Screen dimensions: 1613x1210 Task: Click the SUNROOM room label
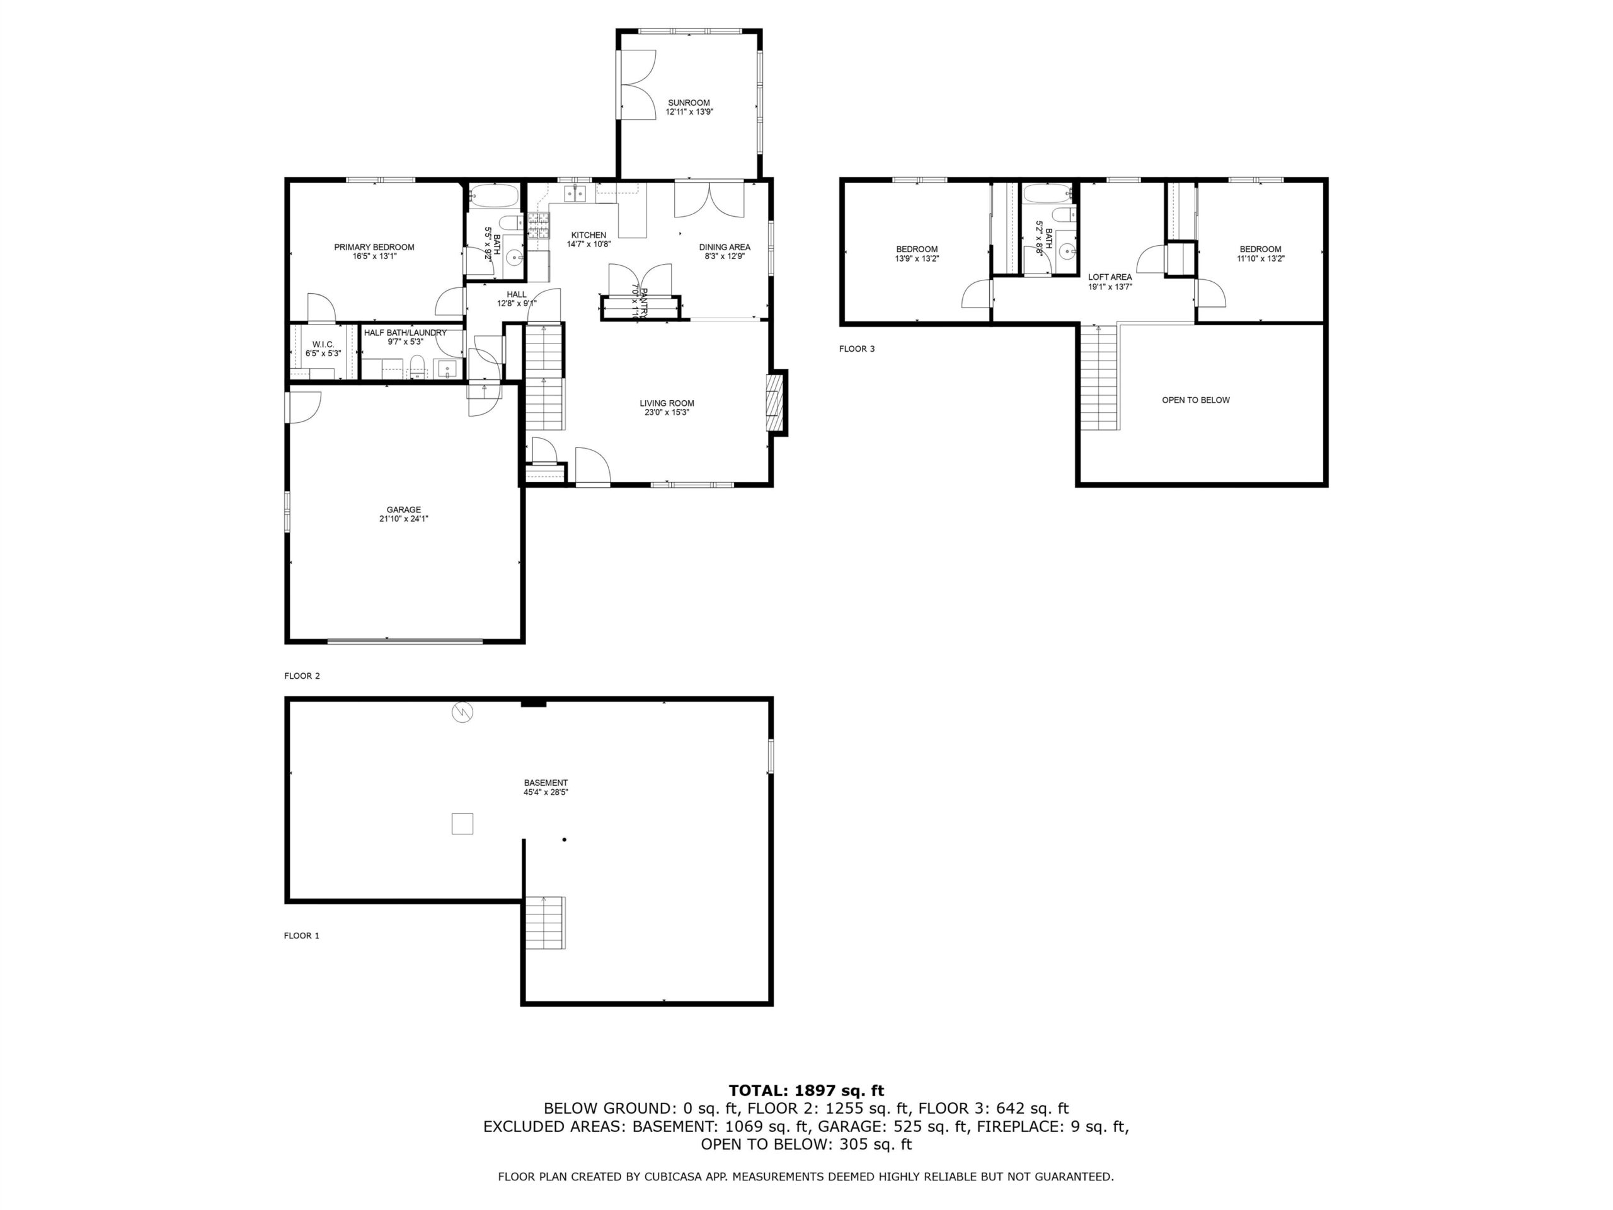tap(689, 103)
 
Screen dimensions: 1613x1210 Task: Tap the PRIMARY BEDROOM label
tap(374, 247)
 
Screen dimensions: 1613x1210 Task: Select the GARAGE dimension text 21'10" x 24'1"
tap(403, 519)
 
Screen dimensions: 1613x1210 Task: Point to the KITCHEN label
tap(588, 235)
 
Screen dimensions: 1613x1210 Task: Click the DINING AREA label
tap(724, 247)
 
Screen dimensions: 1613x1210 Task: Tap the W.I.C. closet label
tap(323, 344)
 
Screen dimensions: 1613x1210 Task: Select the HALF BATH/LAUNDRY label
tap(405, 333)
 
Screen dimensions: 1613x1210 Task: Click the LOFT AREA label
tap(1110, 277)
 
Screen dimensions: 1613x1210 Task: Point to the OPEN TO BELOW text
tap(1196, 400)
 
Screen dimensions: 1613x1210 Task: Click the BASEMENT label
tap(546, 783)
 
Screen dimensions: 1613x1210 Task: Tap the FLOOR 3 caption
tap(857, 349)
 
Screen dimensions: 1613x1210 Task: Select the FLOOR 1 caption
tap(302, 936)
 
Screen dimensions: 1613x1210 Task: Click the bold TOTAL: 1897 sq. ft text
tap(806, 1090)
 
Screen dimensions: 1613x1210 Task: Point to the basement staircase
tap(544, 923)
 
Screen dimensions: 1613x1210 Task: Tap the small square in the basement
tap(462, 824)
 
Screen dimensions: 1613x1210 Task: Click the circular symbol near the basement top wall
tap(462, 712)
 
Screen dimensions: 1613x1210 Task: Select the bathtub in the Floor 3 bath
tap(1047, 193)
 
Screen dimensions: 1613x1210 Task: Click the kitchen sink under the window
tap(576, 193)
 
